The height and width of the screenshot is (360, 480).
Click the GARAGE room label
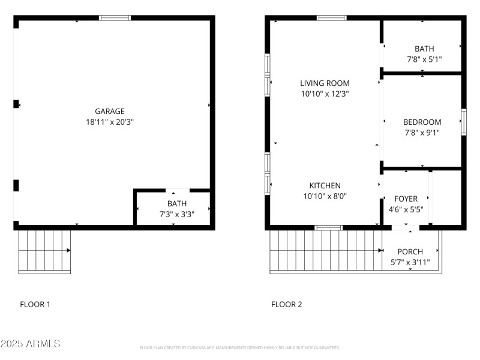pos(110,111)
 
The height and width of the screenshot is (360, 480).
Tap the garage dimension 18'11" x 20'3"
pos(110,122)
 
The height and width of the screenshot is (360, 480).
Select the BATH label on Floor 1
pos(177,203)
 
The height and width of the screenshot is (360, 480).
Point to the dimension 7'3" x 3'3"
pos(177,214)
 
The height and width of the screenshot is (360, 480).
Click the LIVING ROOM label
pos(325,83)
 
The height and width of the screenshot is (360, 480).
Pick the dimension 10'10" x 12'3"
pos(325,94)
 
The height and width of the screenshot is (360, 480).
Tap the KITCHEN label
pos(325,185)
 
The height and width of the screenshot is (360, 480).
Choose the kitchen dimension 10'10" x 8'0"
pos(325,196)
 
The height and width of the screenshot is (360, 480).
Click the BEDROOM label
pos(422,122)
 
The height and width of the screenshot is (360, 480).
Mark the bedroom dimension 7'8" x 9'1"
pos(422,133)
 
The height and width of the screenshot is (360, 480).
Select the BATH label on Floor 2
pos(424,49)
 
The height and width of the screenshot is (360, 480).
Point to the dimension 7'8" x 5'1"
pos(424,59)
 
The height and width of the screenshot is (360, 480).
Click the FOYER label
pos(406,199)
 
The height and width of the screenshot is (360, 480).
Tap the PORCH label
pos(410,251)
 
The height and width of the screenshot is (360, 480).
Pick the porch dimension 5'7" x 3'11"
pos(410,262)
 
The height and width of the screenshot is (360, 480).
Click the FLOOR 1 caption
pos(35,304)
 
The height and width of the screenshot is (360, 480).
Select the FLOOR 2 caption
pos(287,304)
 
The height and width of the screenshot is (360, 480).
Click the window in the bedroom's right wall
pos(463,122)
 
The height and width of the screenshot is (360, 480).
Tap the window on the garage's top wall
pos(115,18)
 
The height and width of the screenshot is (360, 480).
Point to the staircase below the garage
pos(44,251)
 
